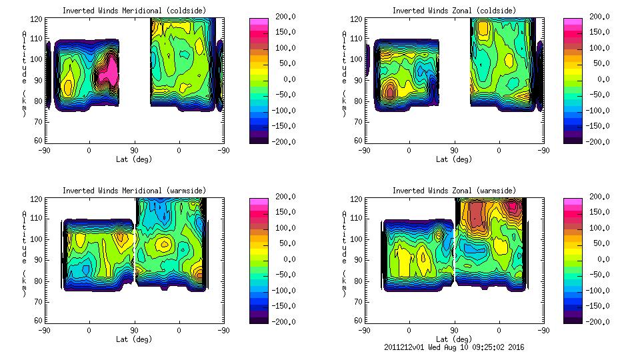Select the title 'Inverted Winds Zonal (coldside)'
point(454,10)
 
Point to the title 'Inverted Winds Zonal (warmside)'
point(454,190)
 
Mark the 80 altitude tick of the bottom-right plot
point(353,281)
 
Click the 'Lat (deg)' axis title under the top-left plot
point(134,159)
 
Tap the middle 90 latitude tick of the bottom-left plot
point(134,329)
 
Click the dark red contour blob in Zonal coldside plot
point(390,91)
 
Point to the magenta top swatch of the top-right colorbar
point(573,22)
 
